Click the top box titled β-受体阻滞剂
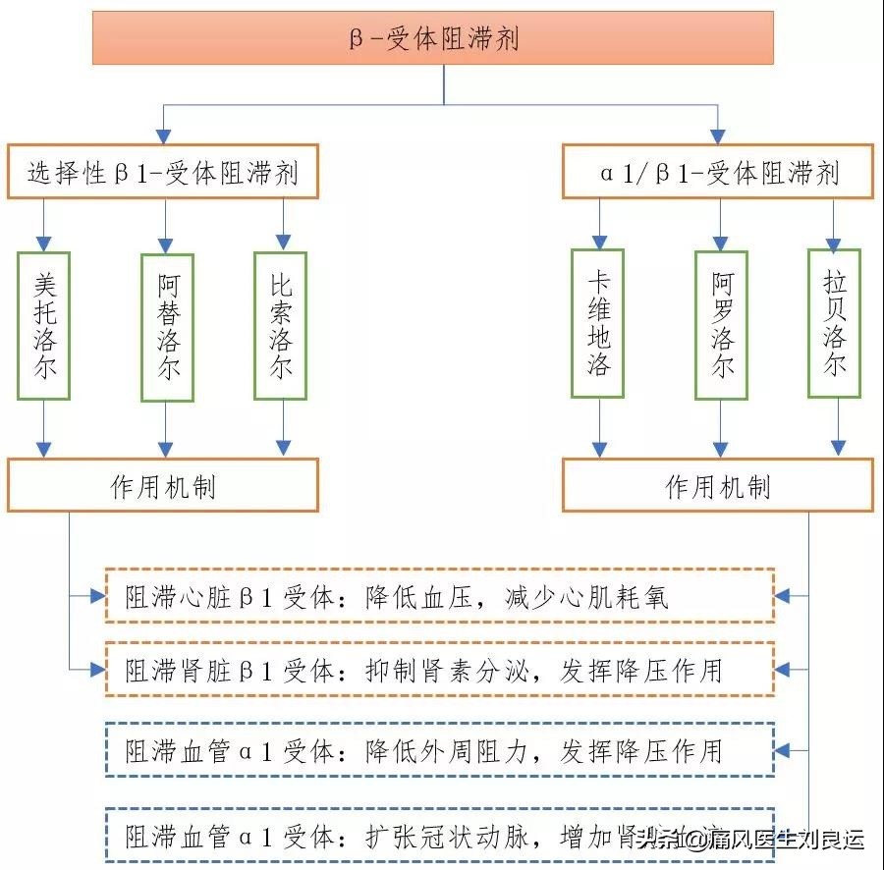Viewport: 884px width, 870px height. click(433, 38)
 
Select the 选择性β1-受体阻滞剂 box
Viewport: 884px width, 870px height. click(163, 173)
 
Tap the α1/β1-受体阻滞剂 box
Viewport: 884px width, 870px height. click(718, 173)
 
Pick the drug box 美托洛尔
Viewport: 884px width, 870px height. click(43, 326)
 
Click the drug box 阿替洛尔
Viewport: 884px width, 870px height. click(167, 328)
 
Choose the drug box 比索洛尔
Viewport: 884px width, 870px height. click(280, 326)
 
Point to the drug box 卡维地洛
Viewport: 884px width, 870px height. click(597, 324)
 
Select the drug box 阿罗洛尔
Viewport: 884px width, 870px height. click(722, 325)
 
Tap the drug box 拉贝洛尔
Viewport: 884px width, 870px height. click(834, 324)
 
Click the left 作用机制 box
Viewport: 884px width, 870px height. click(163, 485)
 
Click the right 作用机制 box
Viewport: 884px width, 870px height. click(718, 485)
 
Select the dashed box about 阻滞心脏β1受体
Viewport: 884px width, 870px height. click(439, 596)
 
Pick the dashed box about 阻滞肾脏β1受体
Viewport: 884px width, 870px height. click(439, 669)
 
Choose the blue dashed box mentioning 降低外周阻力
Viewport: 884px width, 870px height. click(439, 750)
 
